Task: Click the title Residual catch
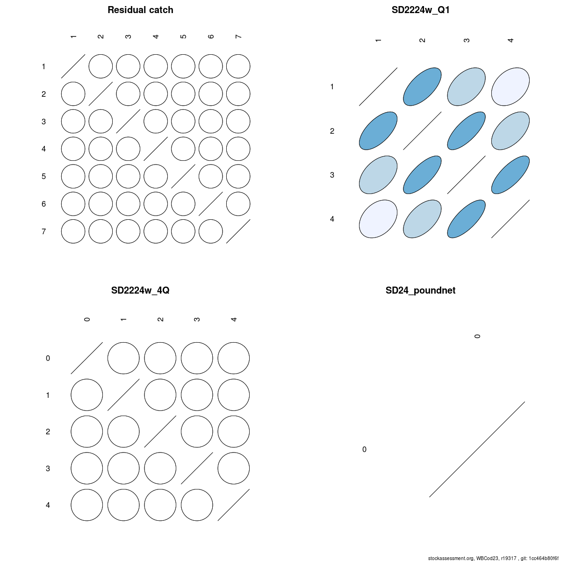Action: pos(140,10)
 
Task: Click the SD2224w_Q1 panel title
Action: pos(420,10)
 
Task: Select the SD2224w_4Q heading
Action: pos(140,290)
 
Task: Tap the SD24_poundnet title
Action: pos(420,290)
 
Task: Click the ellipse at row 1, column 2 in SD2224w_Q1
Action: pos(422,87)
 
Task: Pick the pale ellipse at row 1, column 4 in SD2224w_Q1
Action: pos(511,87)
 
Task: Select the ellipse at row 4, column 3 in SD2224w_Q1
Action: pos(467,219)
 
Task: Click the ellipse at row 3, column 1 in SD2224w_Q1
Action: pos(378,175)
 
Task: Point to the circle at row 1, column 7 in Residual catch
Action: pos(238,66)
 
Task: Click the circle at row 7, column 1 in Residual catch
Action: pos(73,231)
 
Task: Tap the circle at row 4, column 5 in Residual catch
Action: pos(183,149)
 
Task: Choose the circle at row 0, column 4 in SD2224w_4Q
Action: pos(233,358)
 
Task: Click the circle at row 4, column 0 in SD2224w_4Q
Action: pos(87,505)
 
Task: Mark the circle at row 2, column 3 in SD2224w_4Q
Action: pos(197,432)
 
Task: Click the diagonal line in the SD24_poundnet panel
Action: pos(477,449)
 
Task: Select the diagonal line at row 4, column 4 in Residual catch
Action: pos(156,149)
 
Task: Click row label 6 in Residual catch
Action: pos(43,204)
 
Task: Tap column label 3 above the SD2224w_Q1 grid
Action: pos(467,40)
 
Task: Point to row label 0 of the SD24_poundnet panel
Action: pos(364,449)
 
